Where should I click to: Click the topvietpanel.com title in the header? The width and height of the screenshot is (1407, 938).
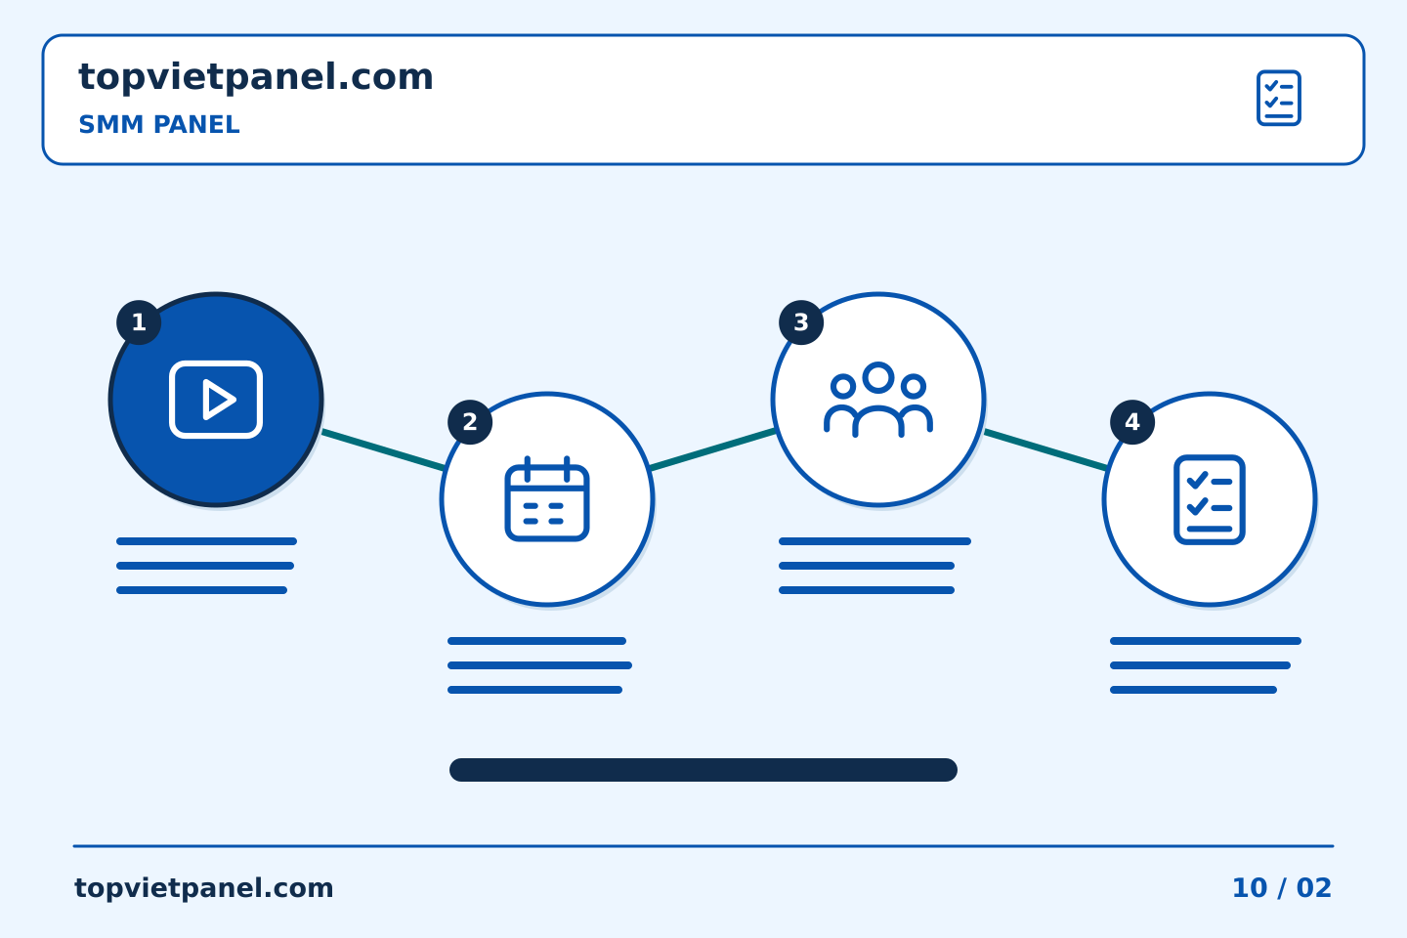256,77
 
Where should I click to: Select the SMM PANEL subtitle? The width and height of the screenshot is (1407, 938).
159,124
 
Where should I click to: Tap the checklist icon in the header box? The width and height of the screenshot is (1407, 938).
1278,98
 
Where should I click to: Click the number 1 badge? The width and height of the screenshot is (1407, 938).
139,322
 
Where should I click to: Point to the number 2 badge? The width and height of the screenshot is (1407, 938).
470,422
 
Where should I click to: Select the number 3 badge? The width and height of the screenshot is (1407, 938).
801,322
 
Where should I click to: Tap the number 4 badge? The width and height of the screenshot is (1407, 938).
1131,422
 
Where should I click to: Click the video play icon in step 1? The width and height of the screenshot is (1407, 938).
216,400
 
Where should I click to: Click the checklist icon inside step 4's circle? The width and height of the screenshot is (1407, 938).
1210,499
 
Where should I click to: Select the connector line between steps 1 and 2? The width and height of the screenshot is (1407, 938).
383,449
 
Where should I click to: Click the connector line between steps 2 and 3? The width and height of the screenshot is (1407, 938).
712,449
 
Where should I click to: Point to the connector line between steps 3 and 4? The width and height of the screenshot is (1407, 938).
1045,449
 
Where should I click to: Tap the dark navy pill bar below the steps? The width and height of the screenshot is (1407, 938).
703,770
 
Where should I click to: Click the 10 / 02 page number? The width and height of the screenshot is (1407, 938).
1281,888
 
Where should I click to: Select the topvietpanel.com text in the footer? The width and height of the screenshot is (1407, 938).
203,888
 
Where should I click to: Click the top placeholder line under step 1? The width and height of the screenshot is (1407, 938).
207,541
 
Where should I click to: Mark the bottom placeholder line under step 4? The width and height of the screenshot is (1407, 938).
1193,690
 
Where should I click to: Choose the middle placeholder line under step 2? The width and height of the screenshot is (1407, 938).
539,665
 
